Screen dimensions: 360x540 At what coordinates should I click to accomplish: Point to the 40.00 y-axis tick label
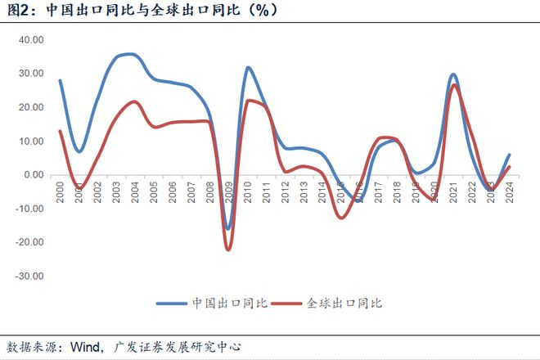pyautogui.click(x=30, y=39)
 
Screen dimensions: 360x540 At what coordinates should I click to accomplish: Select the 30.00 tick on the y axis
pyautogui.click(x=30, y=73)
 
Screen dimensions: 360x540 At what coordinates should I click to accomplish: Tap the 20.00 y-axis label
pyautogui.click(x=30, y=107)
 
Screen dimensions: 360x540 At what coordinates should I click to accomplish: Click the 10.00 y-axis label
pyautogui.click(x=30, y=141)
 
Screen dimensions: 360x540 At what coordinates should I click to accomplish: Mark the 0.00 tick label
pyautogui.click(x=33, y=175)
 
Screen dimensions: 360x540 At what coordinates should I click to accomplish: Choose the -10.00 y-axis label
pyautogui.click(x=29, y=209)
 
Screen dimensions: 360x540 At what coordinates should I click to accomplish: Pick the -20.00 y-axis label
pyautogui.click(x=29, y=242)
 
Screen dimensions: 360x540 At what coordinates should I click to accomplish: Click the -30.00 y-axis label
pyautogui.click(x=29, y=277)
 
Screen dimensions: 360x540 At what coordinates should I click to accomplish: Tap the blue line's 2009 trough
pyautogui.click(x=227, y=229)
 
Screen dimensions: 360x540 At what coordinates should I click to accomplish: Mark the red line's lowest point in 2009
pyautogui.click(x=228, y=250)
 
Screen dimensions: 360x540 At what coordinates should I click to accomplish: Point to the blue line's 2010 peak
pyautogui.click(x=248, y=67)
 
